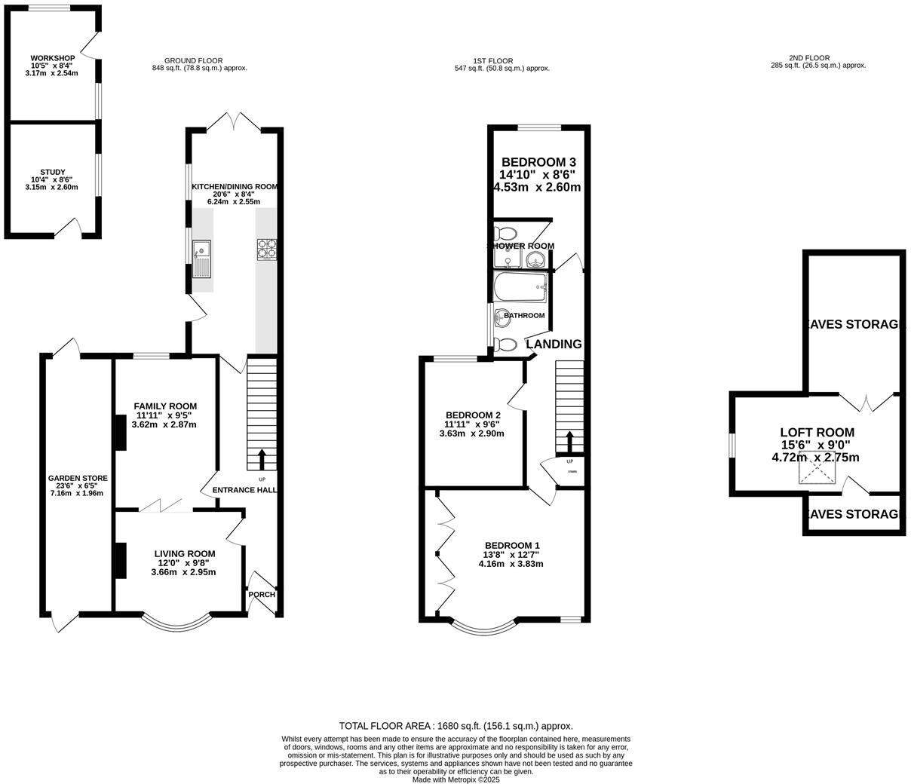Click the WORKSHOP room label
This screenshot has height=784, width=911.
[x=52, y=58]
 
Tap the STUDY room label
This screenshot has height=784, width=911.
[x=52, y=172]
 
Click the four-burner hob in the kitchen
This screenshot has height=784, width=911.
[x=267, y=249]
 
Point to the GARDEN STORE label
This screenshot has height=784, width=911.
[x=78, y=478]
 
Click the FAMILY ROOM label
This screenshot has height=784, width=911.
[x=165, y=406]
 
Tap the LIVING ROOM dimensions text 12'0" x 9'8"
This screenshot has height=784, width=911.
[x=185, y=562]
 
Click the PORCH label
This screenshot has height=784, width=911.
[x=262, y=594]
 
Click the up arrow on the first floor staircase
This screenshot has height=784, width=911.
[x=569, y=440]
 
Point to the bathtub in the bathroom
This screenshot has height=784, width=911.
[x=520, y=287]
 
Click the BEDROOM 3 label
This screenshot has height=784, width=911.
[x=538, y=162]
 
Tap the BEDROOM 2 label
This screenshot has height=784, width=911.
[x=473, y=415]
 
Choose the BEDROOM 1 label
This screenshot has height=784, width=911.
[x=512, y=546]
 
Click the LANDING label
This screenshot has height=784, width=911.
[x=554, y=345]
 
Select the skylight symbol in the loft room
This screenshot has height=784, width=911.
[x=817, y=473]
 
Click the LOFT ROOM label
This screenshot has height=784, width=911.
[x=817, y=433]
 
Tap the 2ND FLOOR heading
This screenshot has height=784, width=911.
[x=808, y=58]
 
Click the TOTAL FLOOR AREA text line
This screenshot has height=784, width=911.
[x=455, y=725]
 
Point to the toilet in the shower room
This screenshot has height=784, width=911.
[x=505, y=233]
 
